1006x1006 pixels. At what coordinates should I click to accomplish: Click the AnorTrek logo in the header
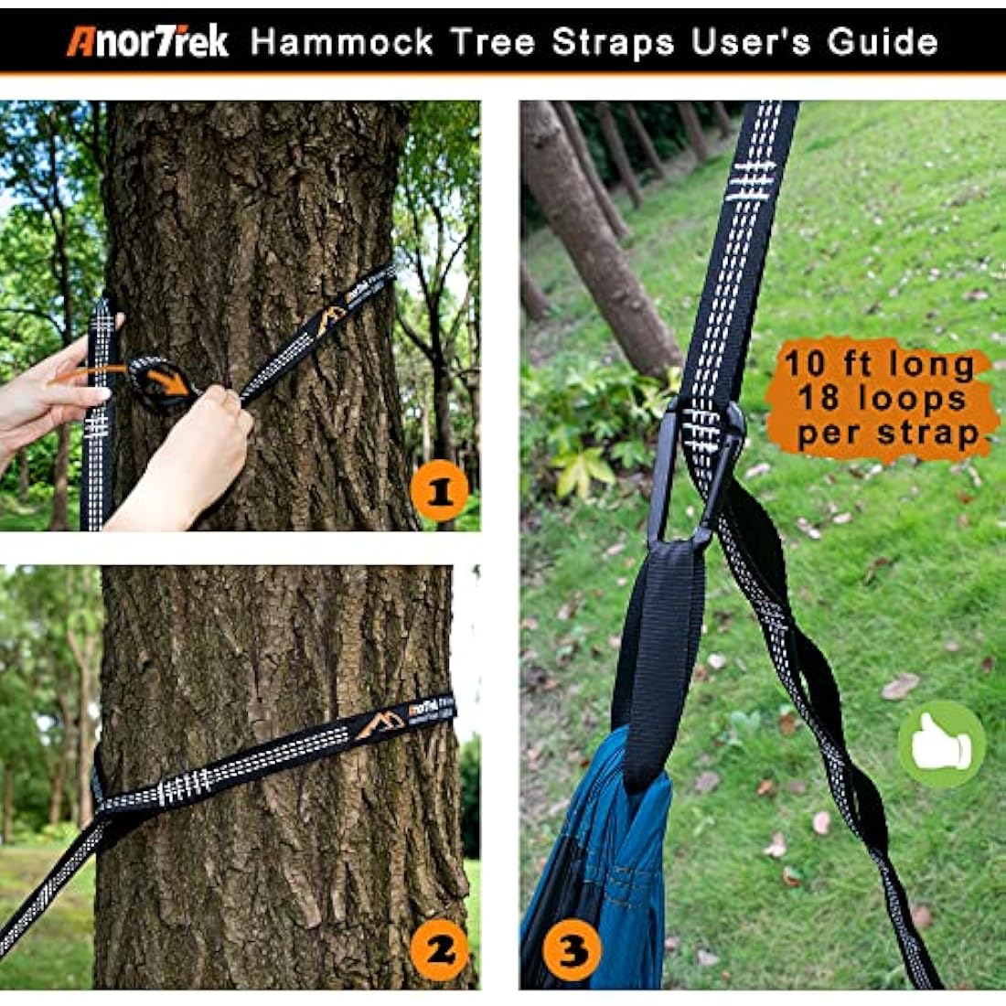point(147,42)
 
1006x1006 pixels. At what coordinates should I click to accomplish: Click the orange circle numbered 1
point(439,492)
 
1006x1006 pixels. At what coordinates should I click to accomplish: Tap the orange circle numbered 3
point(572,952)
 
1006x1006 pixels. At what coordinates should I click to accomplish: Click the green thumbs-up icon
point(941,744)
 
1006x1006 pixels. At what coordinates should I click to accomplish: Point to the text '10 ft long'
point(879,365)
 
